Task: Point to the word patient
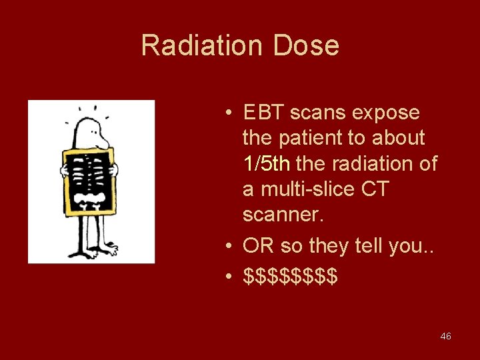pyautogui.click(x=315, y=138)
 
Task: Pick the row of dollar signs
pyautogui.click(x=290, y=275)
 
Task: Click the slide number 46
pyautogui.click(x=446, y=337)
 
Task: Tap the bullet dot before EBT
pyautogui.click(x=228, y=113)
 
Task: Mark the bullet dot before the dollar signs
pyautogui.click(x=228, y=275)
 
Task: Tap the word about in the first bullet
pyautogui.click(x=399, y=138)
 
